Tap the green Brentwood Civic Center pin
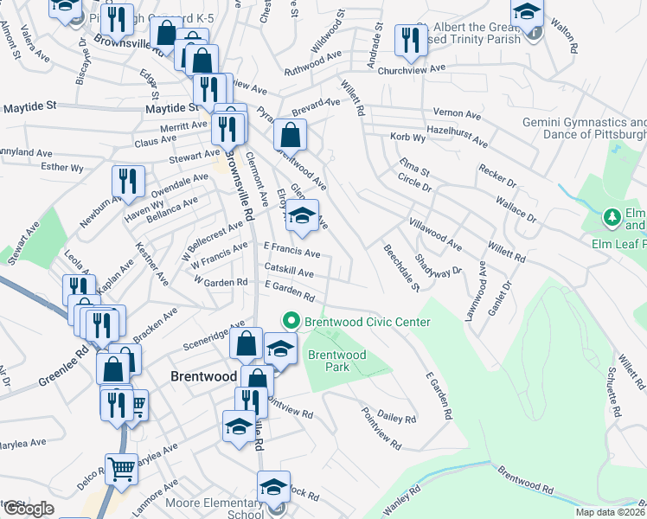pyautogui.click(x=291, y=322)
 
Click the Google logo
pyautogui.click(x=28, y=509)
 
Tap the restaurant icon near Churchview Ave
pyautogui.click(x=407, y=39)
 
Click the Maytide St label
pyautogui.click(x=29, y=107)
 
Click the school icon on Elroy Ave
pyautogui.click(x=303, y=216)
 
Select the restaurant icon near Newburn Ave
pyautogui.click(x=127, y=181)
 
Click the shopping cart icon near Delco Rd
pyautogui.click(x=122, y=470)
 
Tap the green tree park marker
pyautogui.click(x=612, y=216)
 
